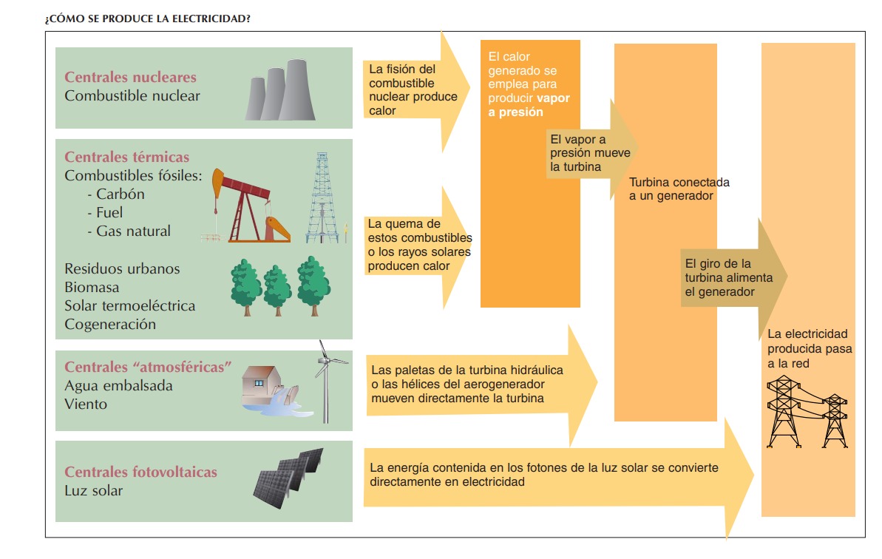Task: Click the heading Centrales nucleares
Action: click(130, 77)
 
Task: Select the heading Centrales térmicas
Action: click(126, 157)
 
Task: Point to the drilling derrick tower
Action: click(322, 198)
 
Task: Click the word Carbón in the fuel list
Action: click(120, 194)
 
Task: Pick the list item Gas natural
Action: click(133, 231)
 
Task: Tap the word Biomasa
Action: click(92, 287)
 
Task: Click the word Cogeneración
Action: click(110, 324)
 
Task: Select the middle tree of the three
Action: click(278, 288)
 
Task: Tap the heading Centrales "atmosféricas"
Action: click(148, 367)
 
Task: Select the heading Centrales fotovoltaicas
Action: click(140, 472)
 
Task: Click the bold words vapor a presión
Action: click(529, 106)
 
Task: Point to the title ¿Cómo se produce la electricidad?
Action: click(148, 18)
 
